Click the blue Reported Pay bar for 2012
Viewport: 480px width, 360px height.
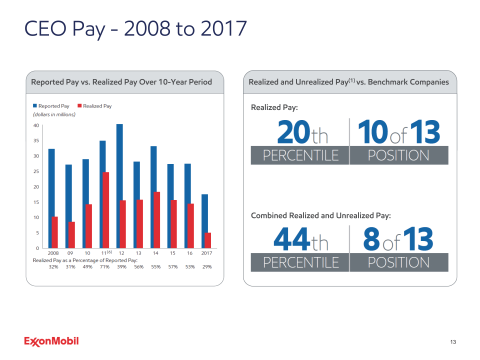[119, 186]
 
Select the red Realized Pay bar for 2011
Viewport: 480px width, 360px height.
[106, 210]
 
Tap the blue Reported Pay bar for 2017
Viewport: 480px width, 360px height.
[204, 221]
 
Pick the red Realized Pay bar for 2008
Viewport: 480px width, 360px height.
[55, 232]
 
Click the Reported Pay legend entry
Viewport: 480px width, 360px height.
[51, 106]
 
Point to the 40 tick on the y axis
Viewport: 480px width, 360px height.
[36, 125]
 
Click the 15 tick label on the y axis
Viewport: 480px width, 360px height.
[36, 202]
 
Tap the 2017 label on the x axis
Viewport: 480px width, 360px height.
[206, 253]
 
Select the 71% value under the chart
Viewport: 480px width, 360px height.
[104, 267]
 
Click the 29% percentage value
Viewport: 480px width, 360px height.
[206, 267]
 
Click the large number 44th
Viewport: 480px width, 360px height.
[301, 240]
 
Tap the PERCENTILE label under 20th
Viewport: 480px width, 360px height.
[300, 155]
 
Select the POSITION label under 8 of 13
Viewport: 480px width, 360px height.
[398, 262]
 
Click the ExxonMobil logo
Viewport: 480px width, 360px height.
[51, 341]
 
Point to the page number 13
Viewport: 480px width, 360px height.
[453, 342]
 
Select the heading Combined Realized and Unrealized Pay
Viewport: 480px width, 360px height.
[320, 215]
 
